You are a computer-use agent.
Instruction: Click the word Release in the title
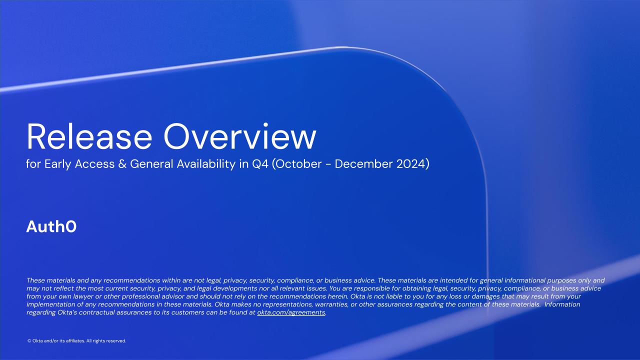point(89,136)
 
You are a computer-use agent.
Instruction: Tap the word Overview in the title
point(239,136)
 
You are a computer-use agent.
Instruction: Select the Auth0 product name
point(51,226)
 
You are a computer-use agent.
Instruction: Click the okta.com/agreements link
point(291,312)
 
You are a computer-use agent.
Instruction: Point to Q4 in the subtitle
point(260,164)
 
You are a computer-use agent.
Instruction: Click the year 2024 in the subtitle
point(411,164)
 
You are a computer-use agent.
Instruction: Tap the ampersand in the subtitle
point(122,164)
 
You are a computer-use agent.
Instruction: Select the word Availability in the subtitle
point(205,164)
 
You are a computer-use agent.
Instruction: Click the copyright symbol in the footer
point(29,341)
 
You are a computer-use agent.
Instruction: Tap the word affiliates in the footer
point(75,341)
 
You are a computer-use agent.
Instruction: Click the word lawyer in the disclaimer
point(83,296)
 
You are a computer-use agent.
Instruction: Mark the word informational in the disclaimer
point(522,280)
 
